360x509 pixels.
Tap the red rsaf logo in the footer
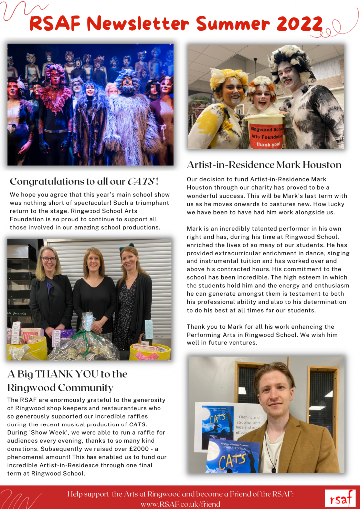coord(340,498)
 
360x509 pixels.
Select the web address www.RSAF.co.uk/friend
coord(180,503)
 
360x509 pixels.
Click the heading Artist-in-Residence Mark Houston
coord(264,165)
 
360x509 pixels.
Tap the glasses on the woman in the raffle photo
coord(49,259)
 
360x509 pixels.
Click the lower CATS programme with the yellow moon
coord(233,455)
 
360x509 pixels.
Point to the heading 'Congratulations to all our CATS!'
coord(85,182)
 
